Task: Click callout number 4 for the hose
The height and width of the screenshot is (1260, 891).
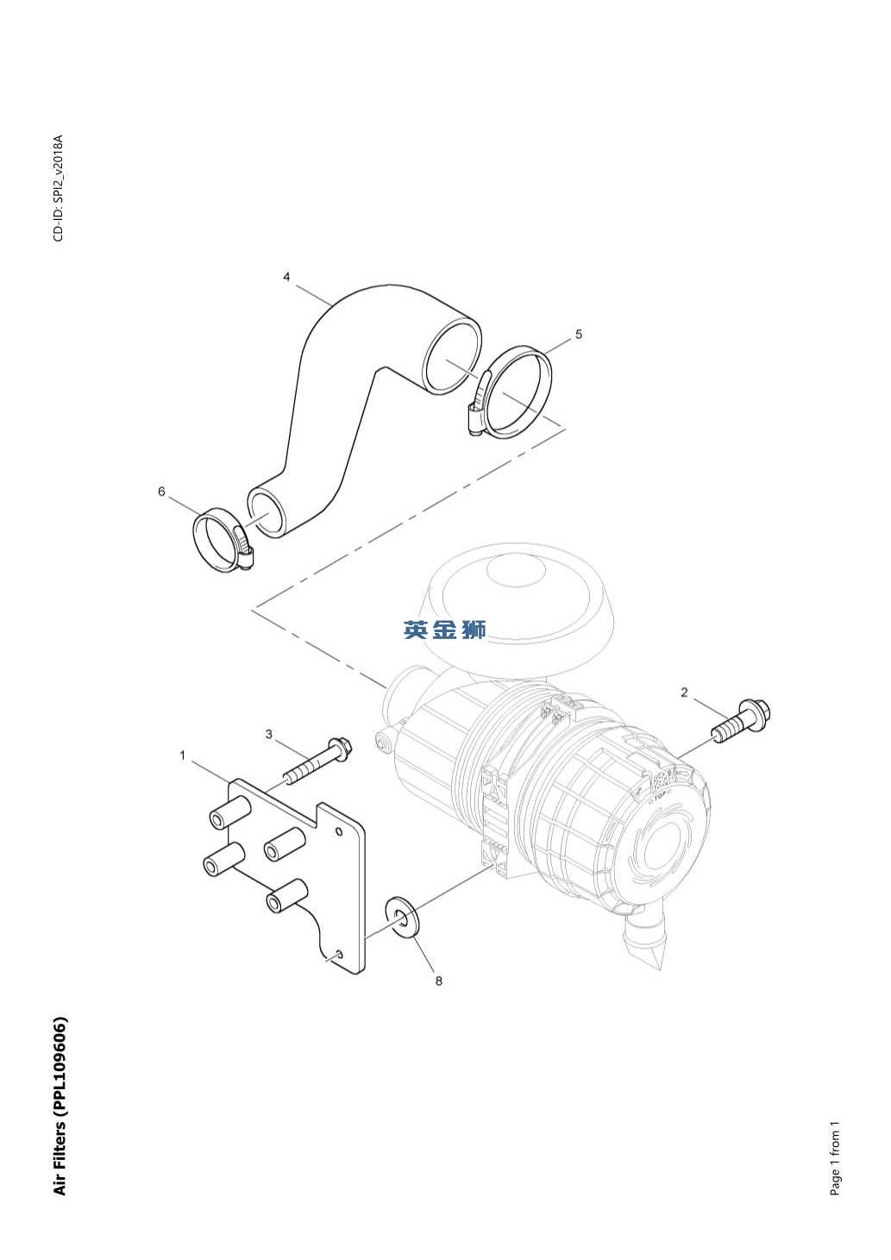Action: tap(287, 277)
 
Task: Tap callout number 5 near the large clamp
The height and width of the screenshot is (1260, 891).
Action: tap(579, 334)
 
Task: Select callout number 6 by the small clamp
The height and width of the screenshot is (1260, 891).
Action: tap(162, 492)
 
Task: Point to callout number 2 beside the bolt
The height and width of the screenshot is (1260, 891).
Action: tap(684, 692)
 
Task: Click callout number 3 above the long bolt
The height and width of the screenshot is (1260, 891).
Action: tap(269, 735)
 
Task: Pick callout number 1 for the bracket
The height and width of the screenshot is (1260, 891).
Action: tap(182, 755)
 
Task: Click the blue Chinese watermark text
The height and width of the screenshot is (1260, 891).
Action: tap(445, 630)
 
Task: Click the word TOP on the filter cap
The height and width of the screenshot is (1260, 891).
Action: tap(659, 799)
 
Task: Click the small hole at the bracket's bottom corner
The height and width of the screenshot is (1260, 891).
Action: tap(339, 954)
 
